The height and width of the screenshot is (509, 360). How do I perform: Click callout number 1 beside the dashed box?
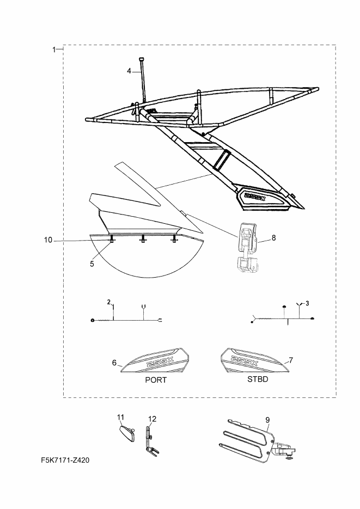click(x=54, y=50)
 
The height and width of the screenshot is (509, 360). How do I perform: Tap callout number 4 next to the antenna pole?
click(x=129, y=71)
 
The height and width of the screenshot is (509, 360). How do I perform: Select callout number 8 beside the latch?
click(x=273, y=238)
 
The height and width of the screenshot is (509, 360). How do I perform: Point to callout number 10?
click(x=48, y=240)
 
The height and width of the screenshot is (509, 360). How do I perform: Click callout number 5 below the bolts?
click(x=92, y=264)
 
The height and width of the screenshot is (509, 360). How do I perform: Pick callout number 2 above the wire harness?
click(x=109, y=302)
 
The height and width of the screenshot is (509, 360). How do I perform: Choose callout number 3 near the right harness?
click(x=307, y=304)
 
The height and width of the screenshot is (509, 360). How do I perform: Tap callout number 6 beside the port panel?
click(x=114, y=363)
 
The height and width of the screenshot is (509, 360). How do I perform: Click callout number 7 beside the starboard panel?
click(x=291, y=360)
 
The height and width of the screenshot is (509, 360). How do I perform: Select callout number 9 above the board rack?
click(x=267, y=420)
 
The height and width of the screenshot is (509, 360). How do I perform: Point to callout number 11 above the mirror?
click(x=121, y=417)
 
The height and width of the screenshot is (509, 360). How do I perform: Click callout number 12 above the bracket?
click(x=152, y=419)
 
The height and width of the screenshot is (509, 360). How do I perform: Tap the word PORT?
click(x=156, y=380)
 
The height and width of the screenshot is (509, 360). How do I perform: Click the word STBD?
click(x=258, y=379)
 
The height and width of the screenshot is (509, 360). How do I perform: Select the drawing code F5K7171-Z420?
click(x=65, y=460)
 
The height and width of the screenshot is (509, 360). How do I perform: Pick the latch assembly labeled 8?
click(x=247, y=249)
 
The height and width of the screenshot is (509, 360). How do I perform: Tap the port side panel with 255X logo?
click(x=155, y=360)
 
